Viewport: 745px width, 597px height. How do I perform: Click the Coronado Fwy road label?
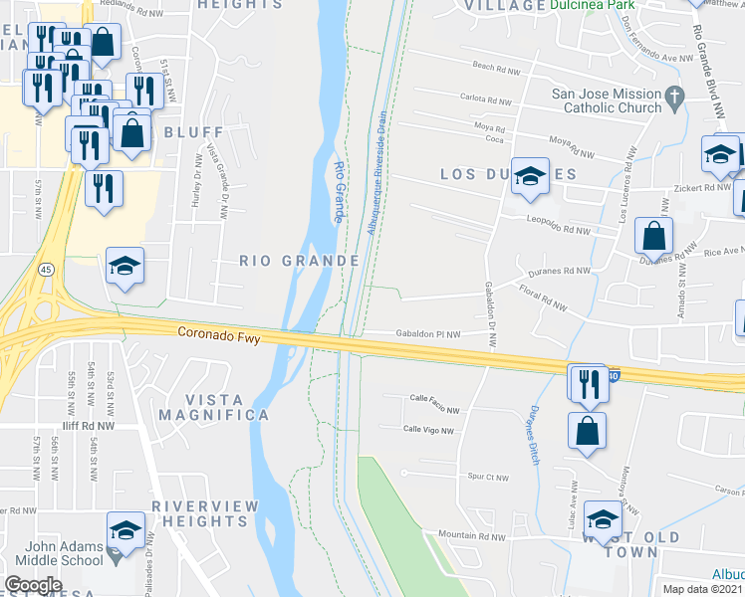(219, 336)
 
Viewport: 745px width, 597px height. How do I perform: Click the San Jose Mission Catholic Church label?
(607, 101)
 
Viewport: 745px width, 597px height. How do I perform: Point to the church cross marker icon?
(675, 98)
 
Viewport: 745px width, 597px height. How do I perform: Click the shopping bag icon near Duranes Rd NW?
(653, 236)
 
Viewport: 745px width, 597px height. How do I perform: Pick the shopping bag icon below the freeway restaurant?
(587, 431)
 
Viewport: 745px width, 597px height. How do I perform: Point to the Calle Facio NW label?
(434, 410)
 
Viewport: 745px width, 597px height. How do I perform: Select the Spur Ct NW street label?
(487, 478)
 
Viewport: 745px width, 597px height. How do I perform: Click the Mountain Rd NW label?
(472, 536)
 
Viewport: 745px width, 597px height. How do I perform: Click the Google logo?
(33, 585)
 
